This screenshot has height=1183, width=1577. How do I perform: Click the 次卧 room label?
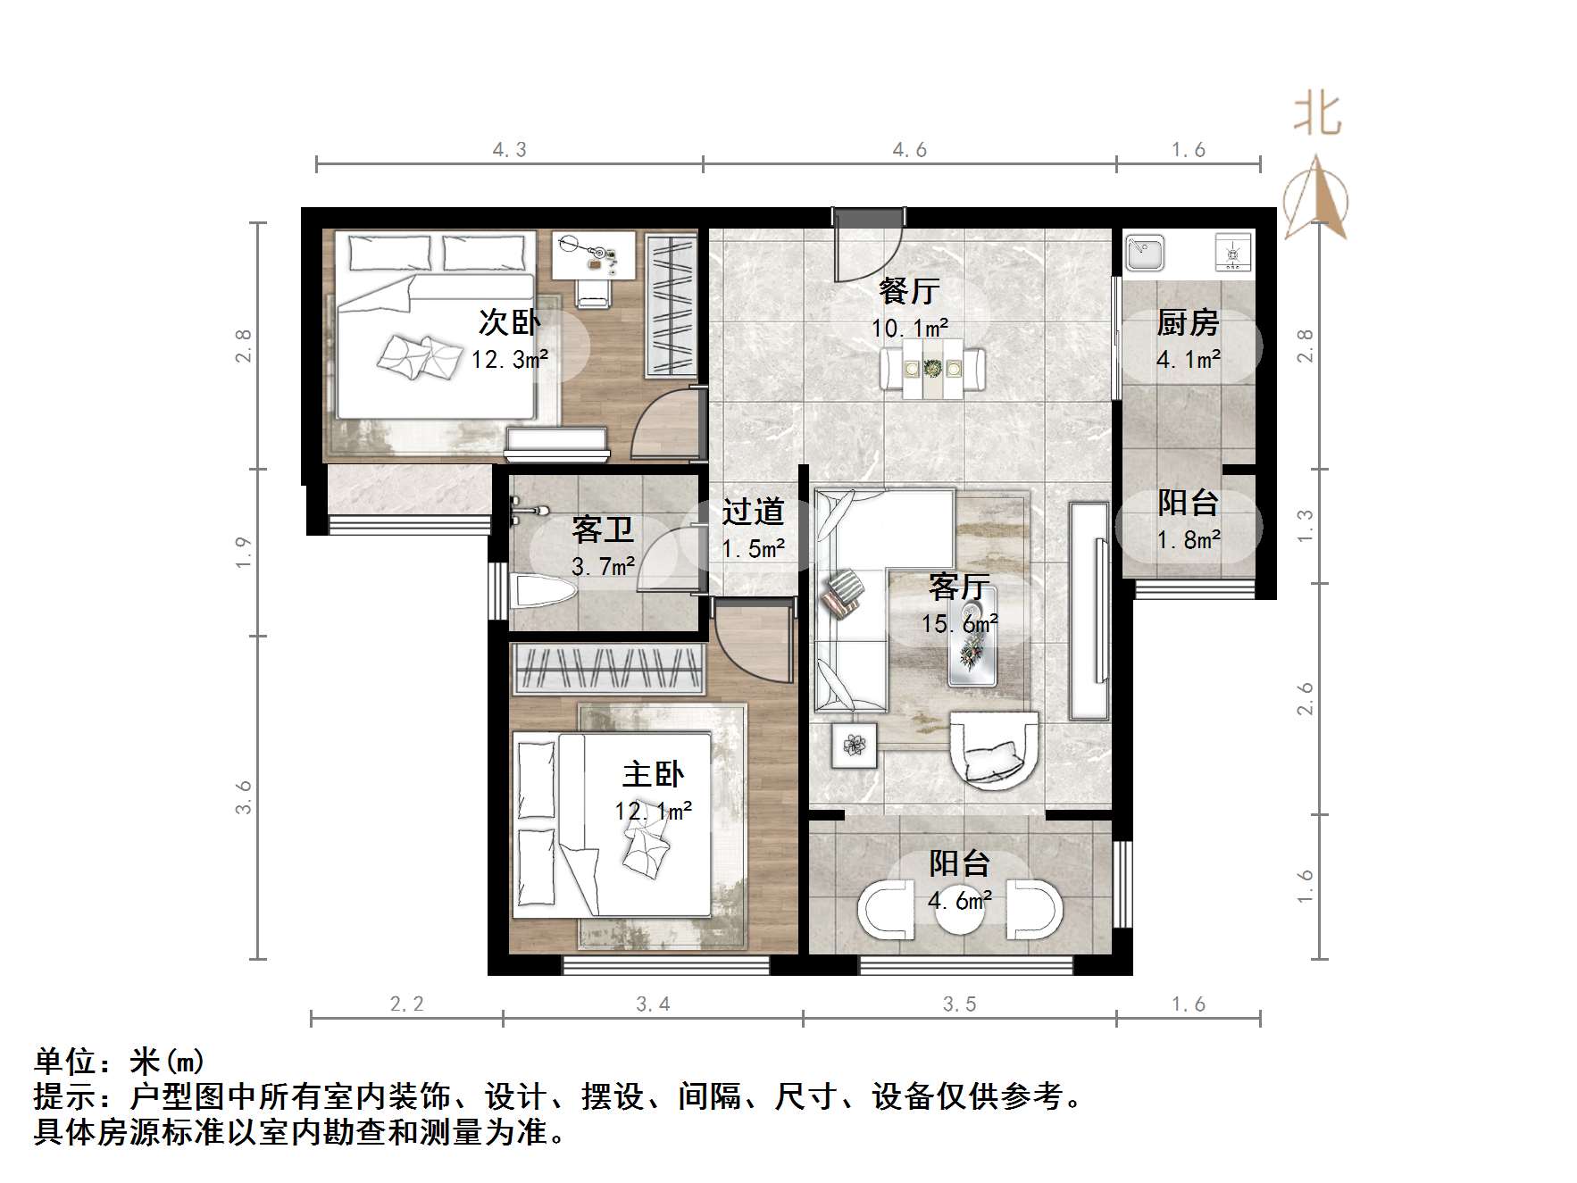[x=509, y=322]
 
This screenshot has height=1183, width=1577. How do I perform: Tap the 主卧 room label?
[x=653, y=774]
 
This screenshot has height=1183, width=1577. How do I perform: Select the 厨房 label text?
[x=1188, y=322]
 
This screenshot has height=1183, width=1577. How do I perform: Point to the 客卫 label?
[x=603, y=529]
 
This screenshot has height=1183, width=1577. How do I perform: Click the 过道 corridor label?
[x=753, y=512]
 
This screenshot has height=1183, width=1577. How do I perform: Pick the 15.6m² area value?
[x=960, y=623]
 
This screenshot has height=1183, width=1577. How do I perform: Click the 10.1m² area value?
[x=910, y=329]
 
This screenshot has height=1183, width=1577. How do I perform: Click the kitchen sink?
[x=1145, y=253]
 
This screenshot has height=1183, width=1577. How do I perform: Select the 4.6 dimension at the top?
[x=910, y=150]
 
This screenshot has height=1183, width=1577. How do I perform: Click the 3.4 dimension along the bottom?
[x=653, y=1004]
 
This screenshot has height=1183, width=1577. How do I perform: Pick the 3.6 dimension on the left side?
[x=244, y=797]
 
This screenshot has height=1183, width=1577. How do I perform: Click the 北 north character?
[x=1317, y=115]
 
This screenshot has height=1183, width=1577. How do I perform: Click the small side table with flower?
[x=855, y=745]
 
